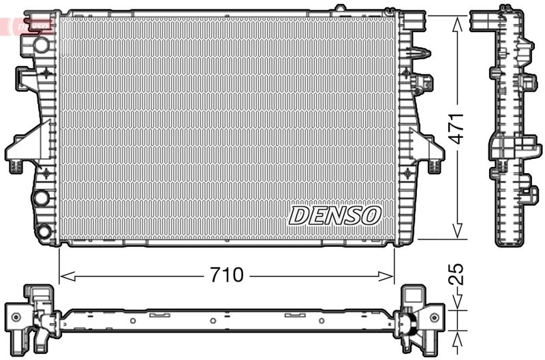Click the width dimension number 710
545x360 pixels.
coord(226,276)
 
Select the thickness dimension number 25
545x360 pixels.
coord(458,275)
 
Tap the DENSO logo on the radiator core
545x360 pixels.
coord(334,215)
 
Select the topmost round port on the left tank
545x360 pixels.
coord(42,46)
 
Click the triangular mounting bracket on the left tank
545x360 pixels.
coord(26,145)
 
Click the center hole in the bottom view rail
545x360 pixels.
coord(213,320)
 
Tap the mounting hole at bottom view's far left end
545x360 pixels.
coord(15,316)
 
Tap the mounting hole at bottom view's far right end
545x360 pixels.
coord(433,316)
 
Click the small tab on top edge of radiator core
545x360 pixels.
coord(339,10)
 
